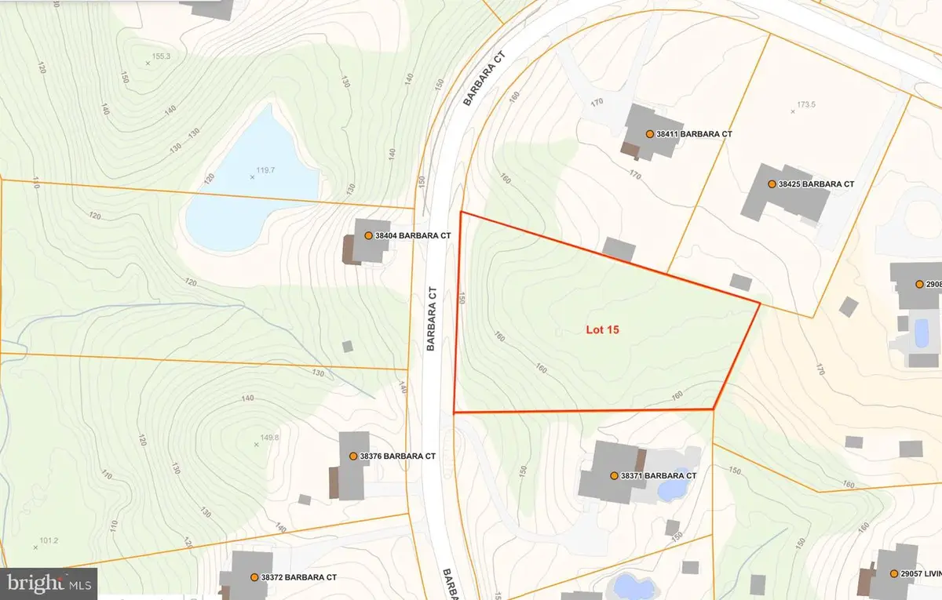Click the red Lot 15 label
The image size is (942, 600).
[x=603, y=330]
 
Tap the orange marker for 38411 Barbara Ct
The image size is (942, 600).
[x=649, y=134]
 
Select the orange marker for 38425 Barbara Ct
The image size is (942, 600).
[x=771, y=184]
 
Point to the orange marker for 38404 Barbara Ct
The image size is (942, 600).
[x=367, y=235]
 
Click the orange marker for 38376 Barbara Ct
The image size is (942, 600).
[x=352, y=456]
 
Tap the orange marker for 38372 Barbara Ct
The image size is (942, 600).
[x=254, y=577]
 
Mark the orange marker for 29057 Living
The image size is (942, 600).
[x=894, y=574]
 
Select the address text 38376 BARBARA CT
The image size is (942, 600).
[x=397, y=456]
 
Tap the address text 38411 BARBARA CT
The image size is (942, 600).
[x=695, y=134]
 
